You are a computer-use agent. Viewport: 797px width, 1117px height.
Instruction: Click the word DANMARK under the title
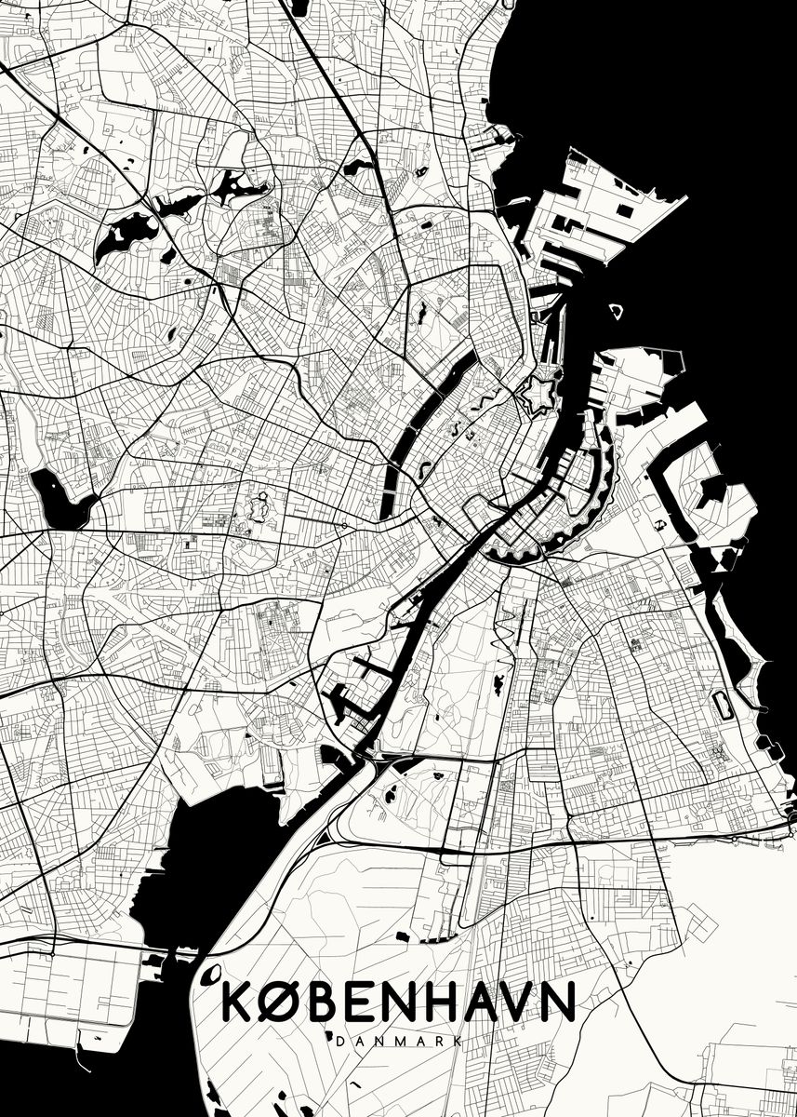click(x=398, y=1040)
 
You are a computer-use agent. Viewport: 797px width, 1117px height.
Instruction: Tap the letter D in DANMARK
click(x=338, y=1040)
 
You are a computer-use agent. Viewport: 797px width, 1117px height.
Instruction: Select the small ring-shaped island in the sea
click(x=616, y=310)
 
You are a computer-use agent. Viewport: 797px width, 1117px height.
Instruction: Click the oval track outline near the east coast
click(x=722, y=706)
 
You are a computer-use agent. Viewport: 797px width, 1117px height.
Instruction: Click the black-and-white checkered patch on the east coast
click(x=728, y=558)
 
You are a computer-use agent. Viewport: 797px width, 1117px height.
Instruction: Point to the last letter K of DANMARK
click(x=458, y=1040)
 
